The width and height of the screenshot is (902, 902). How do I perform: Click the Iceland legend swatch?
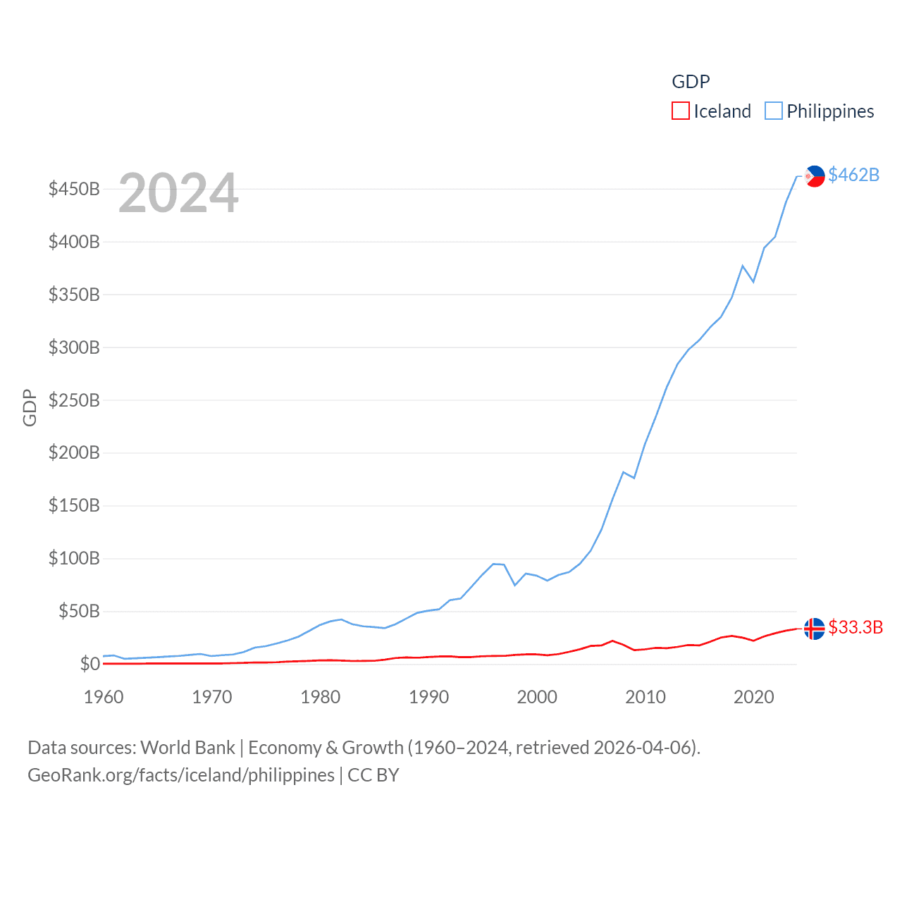[x=680, y=111]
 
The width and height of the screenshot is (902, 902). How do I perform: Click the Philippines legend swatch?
[x=773, y=111]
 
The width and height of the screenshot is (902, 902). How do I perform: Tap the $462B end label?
[x=853, y=175]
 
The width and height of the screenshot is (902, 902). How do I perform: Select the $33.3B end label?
[x=855, y=627]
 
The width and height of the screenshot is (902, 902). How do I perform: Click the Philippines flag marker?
[x=815, y=175]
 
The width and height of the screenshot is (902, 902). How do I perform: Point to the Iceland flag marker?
[x=814, y=628]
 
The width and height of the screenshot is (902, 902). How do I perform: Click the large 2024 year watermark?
[x=178, y=193]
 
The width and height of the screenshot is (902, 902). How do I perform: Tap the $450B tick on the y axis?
[x=74, y=189]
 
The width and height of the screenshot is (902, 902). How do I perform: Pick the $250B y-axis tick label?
[x=74, y=400]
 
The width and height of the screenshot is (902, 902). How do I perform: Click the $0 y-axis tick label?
[x=89, y=664]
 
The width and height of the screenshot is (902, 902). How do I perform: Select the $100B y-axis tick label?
[x=74, y=559]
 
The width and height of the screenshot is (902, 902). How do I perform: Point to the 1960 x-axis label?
[x=104, y=697]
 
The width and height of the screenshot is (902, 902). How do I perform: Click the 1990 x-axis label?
[x=428, y=697]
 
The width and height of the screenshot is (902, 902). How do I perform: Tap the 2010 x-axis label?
[x=645, y=697]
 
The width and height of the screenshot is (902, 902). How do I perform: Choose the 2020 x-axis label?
[x=754, y=697]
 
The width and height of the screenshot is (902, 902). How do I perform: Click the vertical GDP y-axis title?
[x=30, y=407]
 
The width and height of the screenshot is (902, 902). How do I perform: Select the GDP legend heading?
[x=691, y=82]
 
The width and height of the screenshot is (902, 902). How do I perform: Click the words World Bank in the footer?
[x=187, y=747]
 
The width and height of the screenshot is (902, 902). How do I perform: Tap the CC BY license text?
[x=373, y=775]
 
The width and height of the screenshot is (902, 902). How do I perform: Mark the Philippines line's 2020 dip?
[x=753, y=282]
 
